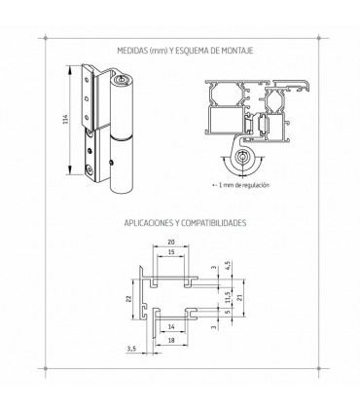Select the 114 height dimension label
64,120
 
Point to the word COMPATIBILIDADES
213,223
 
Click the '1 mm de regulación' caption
243,185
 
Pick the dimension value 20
171,242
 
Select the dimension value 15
171,252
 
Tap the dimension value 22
128,299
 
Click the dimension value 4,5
229,266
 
